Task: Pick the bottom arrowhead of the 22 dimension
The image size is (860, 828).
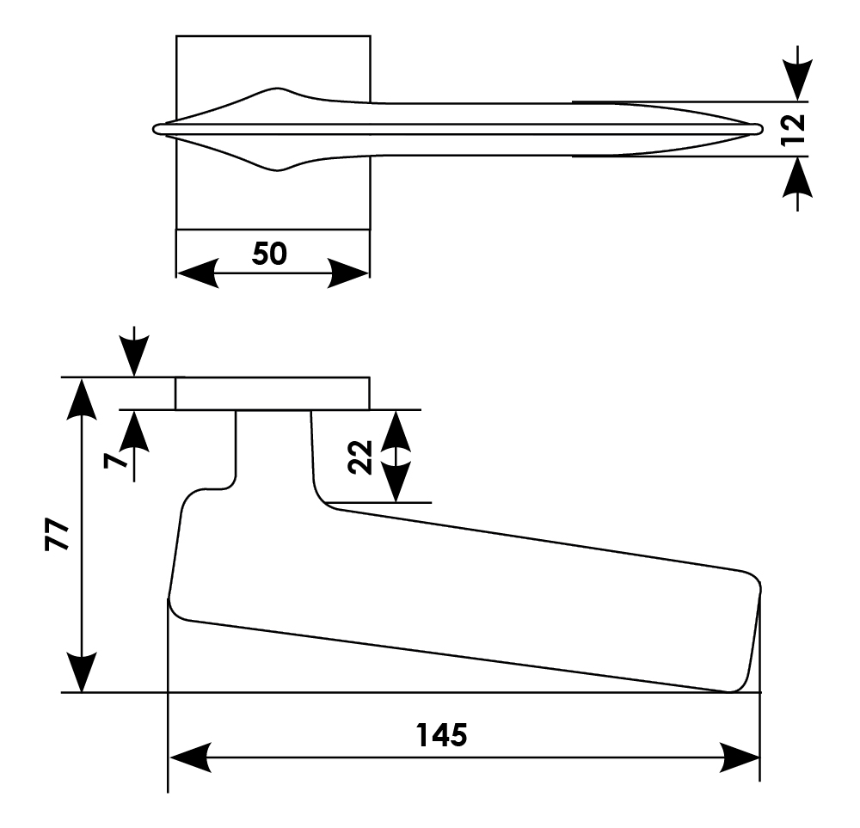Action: click(395, 486)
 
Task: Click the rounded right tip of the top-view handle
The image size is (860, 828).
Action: click(758, 128)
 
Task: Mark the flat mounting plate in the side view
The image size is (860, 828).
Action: click(272, 393)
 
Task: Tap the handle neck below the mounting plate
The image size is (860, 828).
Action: click(273, 451)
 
